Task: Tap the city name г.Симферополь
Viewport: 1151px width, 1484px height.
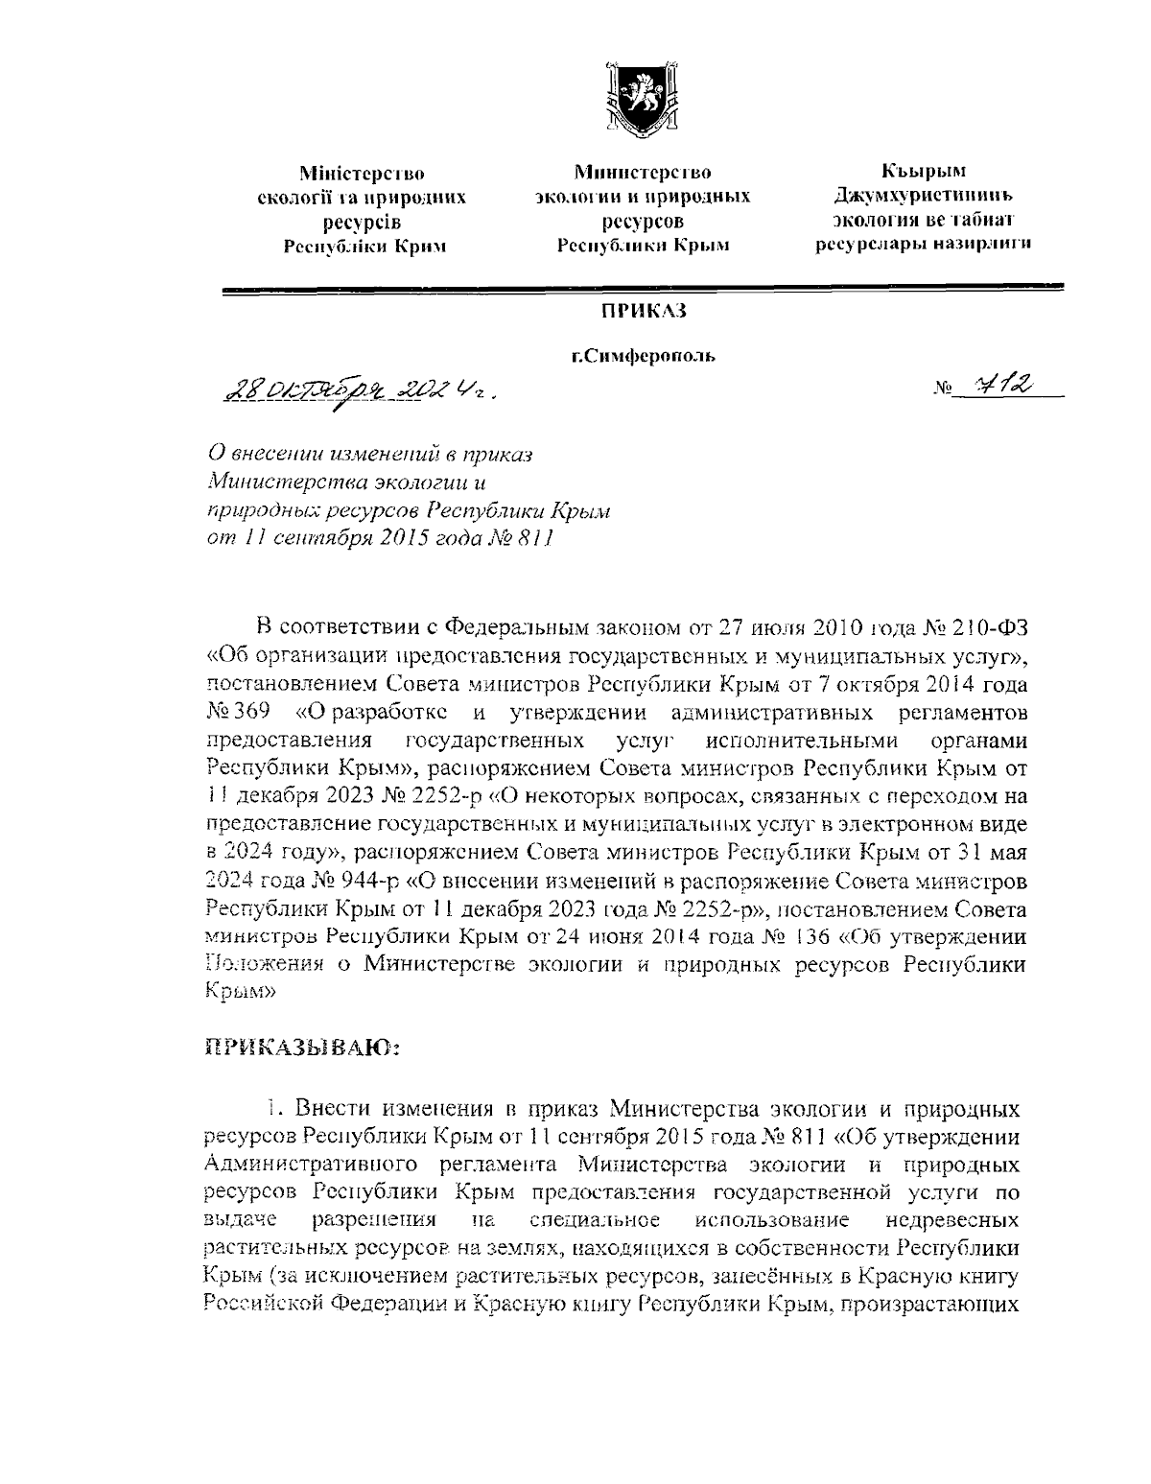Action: (x=644, y=357)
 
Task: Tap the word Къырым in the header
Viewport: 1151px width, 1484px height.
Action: (x=924, y=172)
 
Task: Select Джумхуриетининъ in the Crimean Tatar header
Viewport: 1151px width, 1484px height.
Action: (x=924, y=196)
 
